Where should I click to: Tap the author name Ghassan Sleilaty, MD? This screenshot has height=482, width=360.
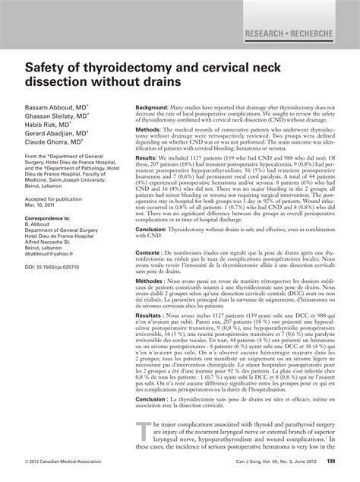pos(56,119)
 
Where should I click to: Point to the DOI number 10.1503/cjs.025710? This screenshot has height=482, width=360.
pos(55,268)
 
